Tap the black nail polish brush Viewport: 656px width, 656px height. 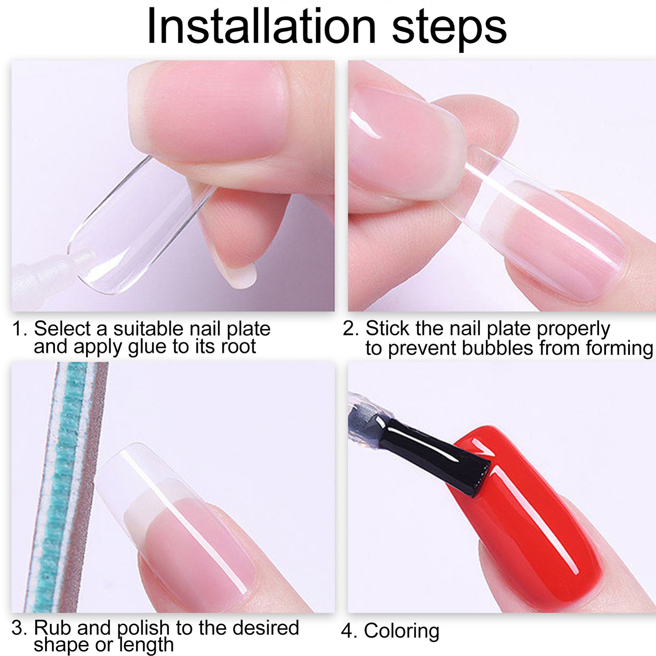pos(435,455)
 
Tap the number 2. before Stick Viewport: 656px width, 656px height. pos(351,329)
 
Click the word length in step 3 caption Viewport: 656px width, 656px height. pos(146,645)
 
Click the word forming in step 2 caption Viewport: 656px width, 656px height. pos(619,348)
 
